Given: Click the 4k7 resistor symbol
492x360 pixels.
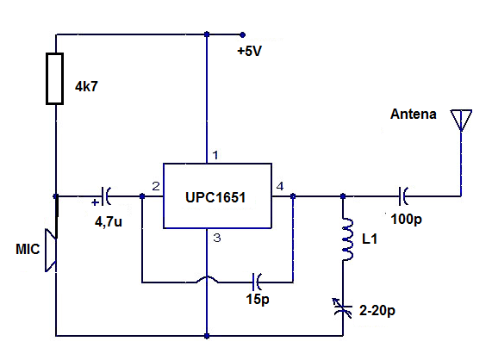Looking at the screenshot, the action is [x=55, y=78].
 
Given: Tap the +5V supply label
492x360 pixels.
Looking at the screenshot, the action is [x=250, y=51].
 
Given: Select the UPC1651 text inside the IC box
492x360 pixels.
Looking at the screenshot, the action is [x=215, y=197].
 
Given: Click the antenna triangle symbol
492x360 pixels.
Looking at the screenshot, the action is [x=461, y=120].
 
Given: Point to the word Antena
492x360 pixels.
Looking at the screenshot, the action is [x=414, y=114].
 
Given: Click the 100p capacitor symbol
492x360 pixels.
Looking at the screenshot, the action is [x=403, y=196].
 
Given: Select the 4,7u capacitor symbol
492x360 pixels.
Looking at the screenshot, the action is [x=106, y=196].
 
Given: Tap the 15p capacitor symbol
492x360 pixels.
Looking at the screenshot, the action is [x=257, y=282].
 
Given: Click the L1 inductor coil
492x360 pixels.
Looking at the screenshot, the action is [x=346, y=239].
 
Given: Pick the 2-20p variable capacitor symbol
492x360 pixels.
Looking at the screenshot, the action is [x=343, y=308].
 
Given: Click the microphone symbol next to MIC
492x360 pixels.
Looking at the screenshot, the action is [x=51, y=251].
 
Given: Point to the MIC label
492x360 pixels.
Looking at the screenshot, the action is [x=28, y=249].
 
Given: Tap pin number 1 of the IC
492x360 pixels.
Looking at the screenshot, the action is [x=215, y=155].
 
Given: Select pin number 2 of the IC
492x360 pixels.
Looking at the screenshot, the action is [x=156, y=187].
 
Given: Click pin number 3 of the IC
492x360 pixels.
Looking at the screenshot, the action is [x=217, y=238].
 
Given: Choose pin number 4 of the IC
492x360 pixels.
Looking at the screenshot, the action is [x=280, y=186].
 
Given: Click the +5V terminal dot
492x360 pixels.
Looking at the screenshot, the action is [x=242, y=34].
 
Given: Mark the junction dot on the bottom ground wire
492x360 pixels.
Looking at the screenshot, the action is [x=207, y=336].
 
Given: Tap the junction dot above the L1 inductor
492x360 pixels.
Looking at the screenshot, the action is [x=343, y=196].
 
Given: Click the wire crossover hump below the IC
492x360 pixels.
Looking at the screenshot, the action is [x=207, y=278].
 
